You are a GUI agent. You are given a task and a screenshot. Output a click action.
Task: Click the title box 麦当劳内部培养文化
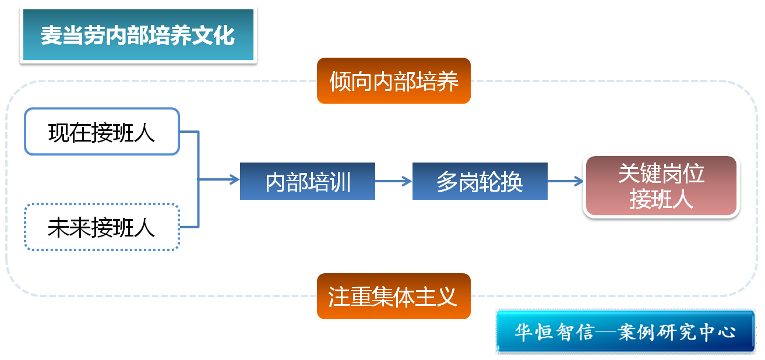click(x=138, y=35)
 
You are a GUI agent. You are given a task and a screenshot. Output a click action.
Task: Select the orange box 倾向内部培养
click(x=393, y=81)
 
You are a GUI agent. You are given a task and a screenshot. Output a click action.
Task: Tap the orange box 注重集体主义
click(x=393, y=296)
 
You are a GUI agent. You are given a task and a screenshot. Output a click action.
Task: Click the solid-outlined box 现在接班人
click(x=101, y=132)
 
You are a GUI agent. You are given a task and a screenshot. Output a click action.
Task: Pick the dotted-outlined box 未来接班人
click(x=101, y=227)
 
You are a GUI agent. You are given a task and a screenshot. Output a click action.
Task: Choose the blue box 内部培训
click(x=307, y=181)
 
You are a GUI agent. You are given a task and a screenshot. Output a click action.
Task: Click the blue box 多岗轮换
click(x=480, y=181)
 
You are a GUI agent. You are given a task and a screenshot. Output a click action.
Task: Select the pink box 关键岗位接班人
click(x=661, y=186)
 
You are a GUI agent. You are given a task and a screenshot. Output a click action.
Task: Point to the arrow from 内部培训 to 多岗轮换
click(x=393, y=181)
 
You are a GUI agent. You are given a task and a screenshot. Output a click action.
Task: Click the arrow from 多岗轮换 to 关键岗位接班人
click(x=565, y=181)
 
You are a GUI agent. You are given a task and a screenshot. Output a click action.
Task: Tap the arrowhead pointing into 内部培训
click(x=234, y=179)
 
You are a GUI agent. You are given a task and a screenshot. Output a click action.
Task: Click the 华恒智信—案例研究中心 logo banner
click(x=625, y=331)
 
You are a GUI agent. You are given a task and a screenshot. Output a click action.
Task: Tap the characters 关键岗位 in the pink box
click(x=661, y=174)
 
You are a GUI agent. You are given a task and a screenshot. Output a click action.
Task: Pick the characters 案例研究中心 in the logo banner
click(x=678, y=332)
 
